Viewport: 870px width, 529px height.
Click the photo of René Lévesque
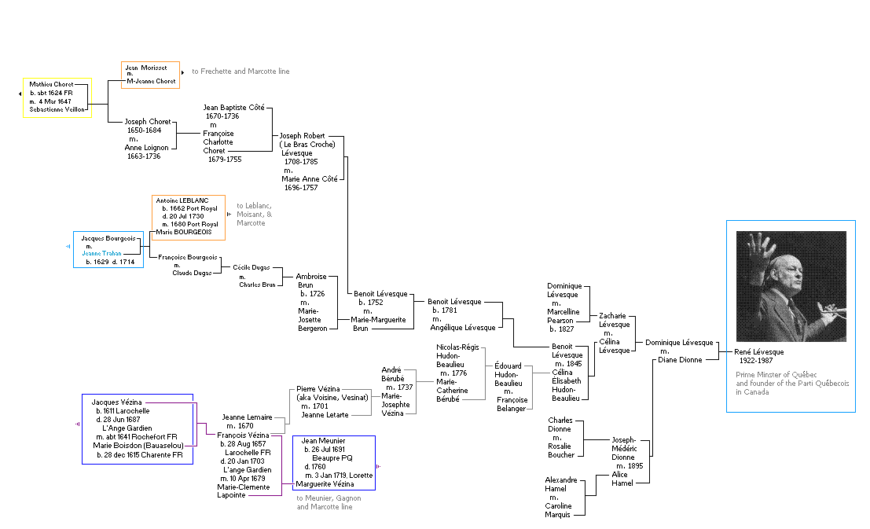tap(791, 285)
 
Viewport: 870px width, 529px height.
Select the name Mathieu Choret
tap(51, 84)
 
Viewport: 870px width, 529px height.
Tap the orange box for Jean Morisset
tap(150, 75)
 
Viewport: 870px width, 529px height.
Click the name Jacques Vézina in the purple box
tap(116, 402)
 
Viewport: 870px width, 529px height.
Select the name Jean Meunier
tap(323, 441)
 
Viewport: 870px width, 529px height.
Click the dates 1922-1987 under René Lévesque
tap(756, 360)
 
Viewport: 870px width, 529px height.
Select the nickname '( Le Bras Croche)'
tap(307, 145)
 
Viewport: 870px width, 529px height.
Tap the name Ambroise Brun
tap(310, 281)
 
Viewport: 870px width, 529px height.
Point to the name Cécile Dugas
tap(251, 267)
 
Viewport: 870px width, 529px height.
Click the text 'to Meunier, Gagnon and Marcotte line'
tap(325, 502)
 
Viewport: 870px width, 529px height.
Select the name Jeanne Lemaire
tap(247, 417)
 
